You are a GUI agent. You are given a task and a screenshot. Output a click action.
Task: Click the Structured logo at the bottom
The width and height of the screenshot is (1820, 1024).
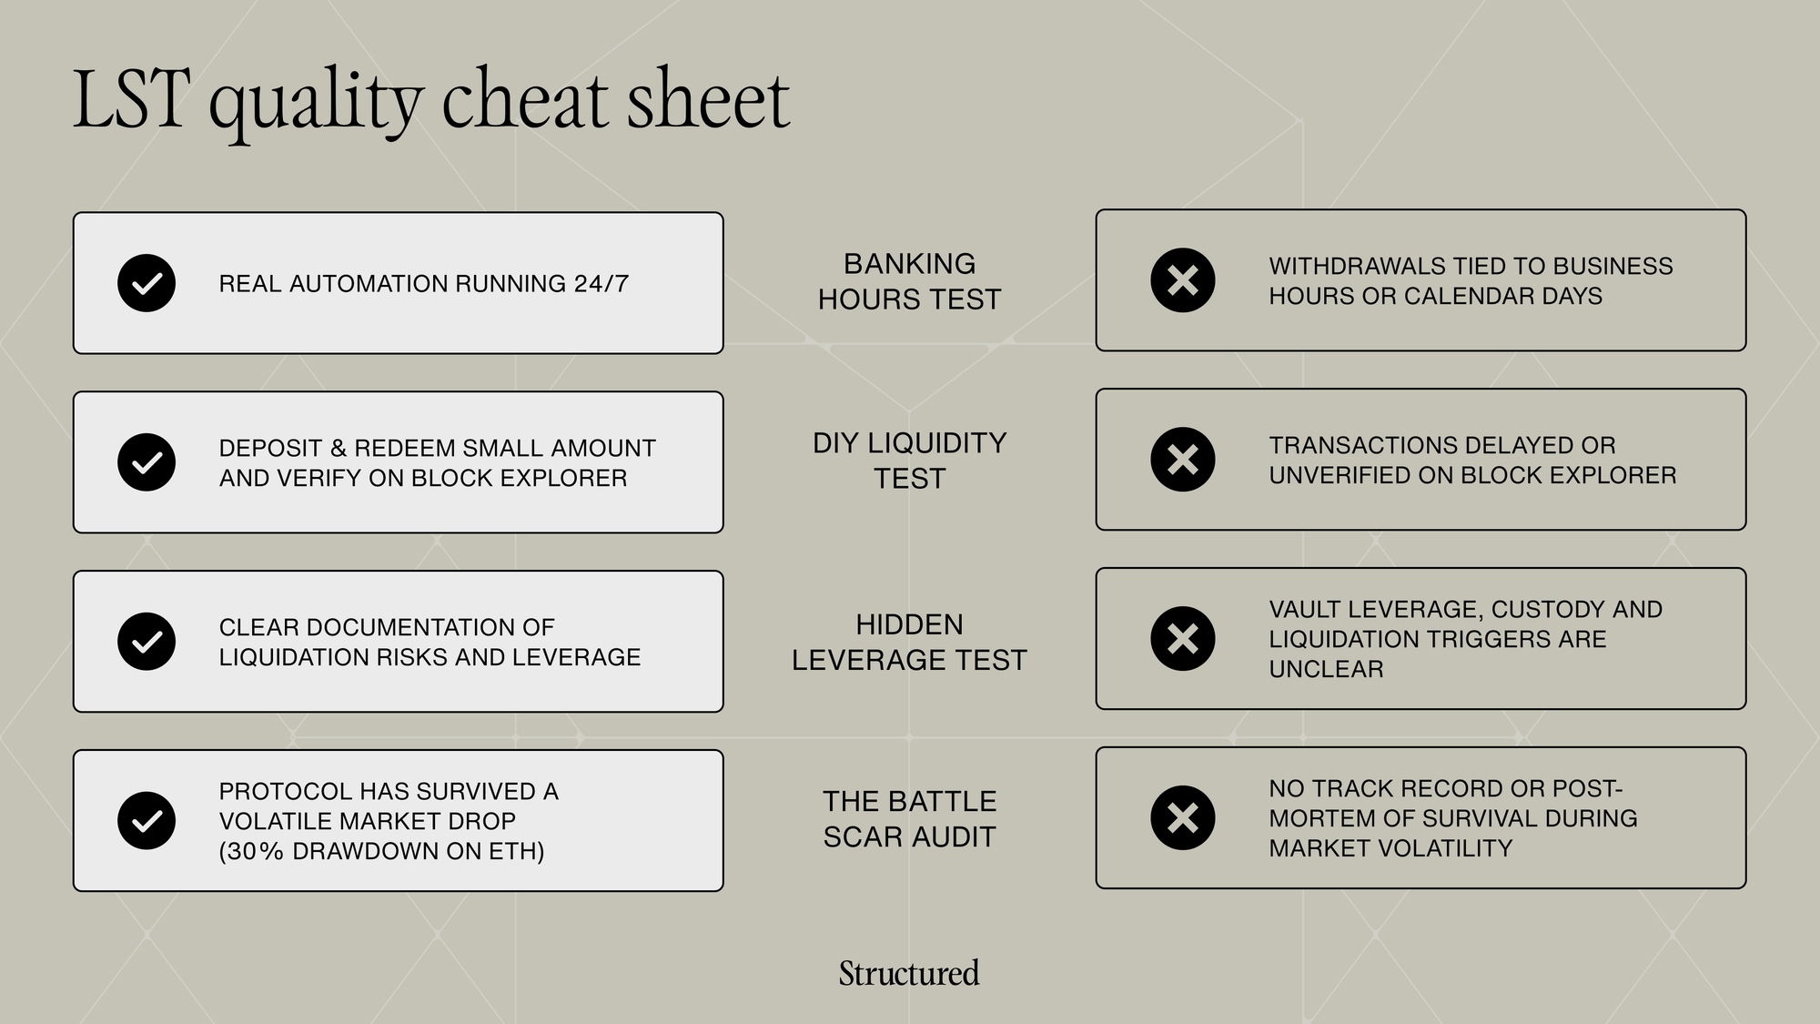pyautogui.click(x=909, y=973)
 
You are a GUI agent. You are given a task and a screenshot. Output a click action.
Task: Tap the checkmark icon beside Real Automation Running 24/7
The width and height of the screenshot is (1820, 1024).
pyautogui.click(x=147, y=283)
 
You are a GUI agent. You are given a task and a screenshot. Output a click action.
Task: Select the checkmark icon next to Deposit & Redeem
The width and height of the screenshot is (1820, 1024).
pyautogui.click(x=147, y=462)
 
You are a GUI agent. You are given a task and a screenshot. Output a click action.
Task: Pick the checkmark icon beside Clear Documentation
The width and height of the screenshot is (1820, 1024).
pyautogui.click(x=147, y=642)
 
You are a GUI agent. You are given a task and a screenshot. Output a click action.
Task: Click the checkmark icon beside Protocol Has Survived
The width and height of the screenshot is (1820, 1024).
pyautogui.click(x=147, y=821)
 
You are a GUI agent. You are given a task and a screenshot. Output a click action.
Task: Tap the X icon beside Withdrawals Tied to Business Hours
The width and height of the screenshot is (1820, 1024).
pyautogui.click(x=1183, y=280)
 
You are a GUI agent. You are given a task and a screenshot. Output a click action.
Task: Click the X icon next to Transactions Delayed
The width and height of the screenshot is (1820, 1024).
pyautogui.click(x=1183, y=460)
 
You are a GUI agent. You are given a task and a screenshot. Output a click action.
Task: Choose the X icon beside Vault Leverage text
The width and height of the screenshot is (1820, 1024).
pyautogui.click(x=1183, y=639)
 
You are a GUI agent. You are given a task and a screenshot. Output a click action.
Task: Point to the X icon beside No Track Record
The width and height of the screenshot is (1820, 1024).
pyautogui.click(x=1183, y=818)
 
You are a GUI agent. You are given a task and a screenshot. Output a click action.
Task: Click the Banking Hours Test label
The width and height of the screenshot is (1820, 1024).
pyautogui.click(x=909, y=281)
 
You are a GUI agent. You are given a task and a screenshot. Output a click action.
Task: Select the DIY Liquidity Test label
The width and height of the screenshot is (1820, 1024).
pyautogui.click(x=909, y=461)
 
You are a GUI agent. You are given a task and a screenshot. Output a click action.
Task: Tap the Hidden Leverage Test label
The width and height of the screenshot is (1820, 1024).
pyautogui.click(x=909, y=642)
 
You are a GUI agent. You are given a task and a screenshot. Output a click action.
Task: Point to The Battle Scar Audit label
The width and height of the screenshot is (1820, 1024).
pyautogui.click(x=909, y=819)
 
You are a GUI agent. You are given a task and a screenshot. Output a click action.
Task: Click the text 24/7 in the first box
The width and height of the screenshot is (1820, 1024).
pyautogui.click(x=602, y=284)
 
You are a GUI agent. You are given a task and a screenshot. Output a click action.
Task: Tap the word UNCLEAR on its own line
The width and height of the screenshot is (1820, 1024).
pyautogui.click(x=1326, y=669)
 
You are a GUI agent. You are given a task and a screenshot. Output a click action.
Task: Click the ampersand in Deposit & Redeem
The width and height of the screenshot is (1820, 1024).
pyautogui.click(x=339, y=448)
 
